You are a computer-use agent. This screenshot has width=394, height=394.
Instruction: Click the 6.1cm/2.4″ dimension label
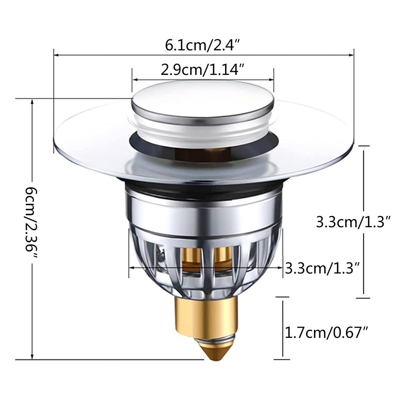tap(203, 45)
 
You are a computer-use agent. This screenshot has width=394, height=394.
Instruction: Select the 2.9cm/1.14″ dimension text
tap(203, 70)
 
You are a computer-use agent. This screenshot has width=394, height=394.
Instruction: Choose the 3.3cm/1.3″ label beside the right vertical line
tap(353, 222)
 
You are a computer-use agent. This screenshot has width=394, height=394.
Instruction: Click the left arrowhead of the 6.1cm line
tap(55, 55)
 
